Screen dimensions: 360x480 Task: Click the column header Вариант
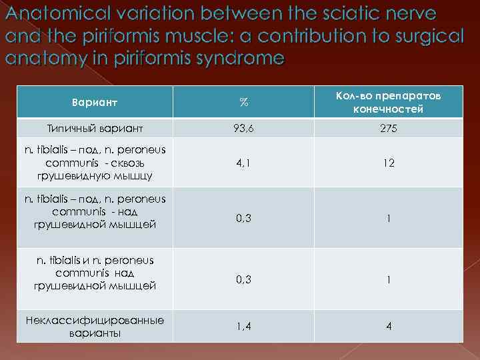(x=94, y=103)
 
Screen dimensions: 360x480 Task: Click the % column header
(x=244, y=103)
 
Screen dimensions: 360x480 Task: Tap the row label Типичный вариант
(x=95, y=128)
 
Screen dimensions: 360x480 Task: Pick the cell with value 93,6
(x=244, y=128)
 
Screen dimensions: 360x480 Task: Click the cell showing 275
(x=389, y=128)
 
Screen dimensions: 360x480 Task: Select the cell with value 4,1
(x=244, y=162)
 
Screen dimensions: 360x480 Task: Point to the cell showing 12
(x=389, y=162)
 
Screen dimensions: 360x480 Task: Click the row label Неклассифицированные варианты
(x=95, y=327)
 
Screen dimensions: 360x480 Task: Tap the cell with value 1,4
(x=244, y=327)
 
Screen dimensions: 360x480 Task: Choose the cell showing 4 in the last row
(x=389, y=327)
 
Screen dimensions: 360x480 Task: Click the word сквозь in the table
(x=137, y=163)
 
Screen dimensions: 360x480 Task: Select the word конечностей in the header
(x=389, y=109)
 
